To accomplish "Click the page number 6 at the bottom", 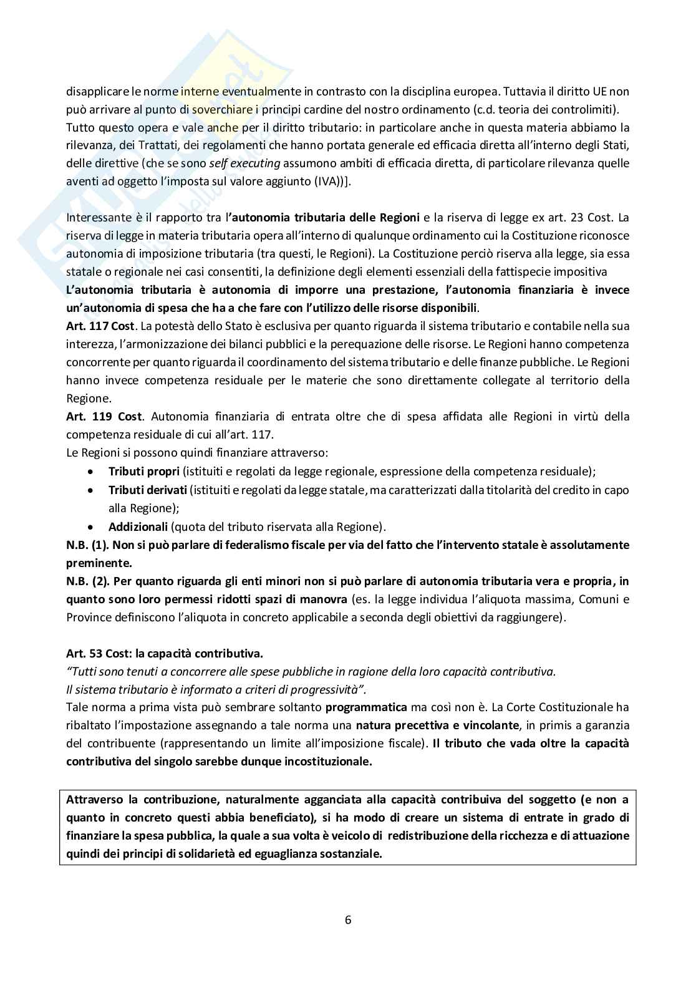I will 348,919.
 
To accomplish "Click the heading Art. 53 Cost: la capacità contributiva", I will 164,653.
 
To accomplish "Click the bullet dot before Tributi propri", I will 92,472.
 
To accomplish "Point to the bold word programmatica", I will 366,707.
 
